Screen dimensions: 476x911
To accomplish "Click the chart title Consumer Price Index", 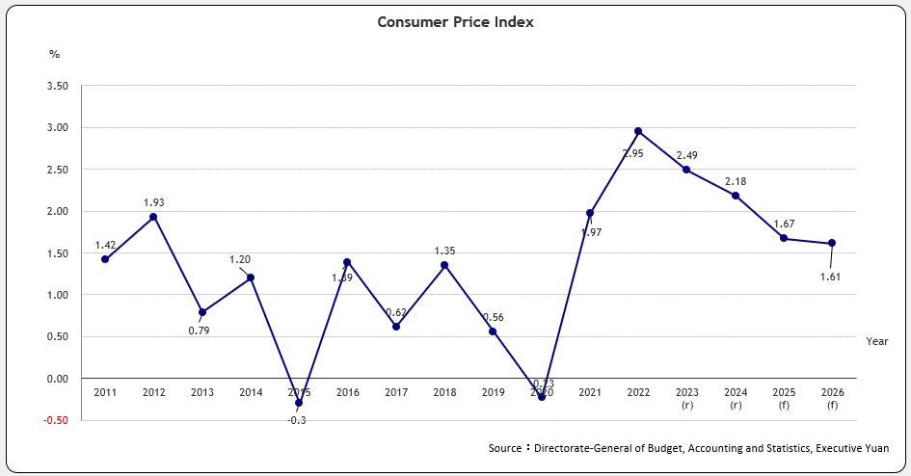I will point(455,21).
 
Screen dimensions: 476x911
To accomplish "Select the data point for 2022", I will point(638,131).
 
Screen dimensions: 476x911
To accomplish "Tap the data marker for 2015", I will point(299,403).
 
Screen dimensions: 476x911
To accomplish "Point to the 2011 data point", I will point(105,259).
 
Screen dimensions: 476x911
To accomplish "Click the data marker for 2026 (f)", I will point(832,243).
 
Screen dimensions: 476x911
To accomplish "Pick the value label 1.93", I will point(154,202).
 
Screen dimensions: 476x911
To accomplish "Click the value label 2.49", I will point(687,155).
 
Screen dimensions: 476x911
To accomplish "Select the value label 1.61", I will point(831,277).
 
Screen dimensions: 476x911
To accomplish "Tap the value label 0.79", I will point(199,331).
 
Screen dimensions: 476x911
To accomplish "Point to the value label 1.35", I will point(444,251).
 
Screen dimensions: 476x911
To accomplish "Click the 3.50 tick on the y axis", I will point(57,86).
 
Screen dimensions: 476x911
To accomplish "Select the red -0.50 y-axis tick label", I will point(56,420).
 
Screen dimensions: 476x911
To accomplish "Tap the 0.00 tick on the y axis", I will point(57,379).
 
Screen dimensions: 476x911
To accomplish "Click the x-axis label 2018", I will point(444,393).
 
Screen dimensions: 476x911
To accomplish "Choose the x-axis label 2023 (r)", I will point(687,399).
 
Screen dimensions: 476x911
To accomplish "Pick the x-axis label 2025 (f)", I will point(784,399).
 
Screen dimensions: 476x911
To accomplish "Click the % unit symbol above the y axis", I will point(54,54).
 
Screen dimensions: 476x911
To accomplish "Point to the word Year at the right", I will point(876,341).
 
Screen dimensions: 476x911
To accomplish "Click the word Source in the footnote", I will point(504,448).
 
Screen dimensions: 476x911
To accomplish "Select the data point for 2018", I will point(444,265).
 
